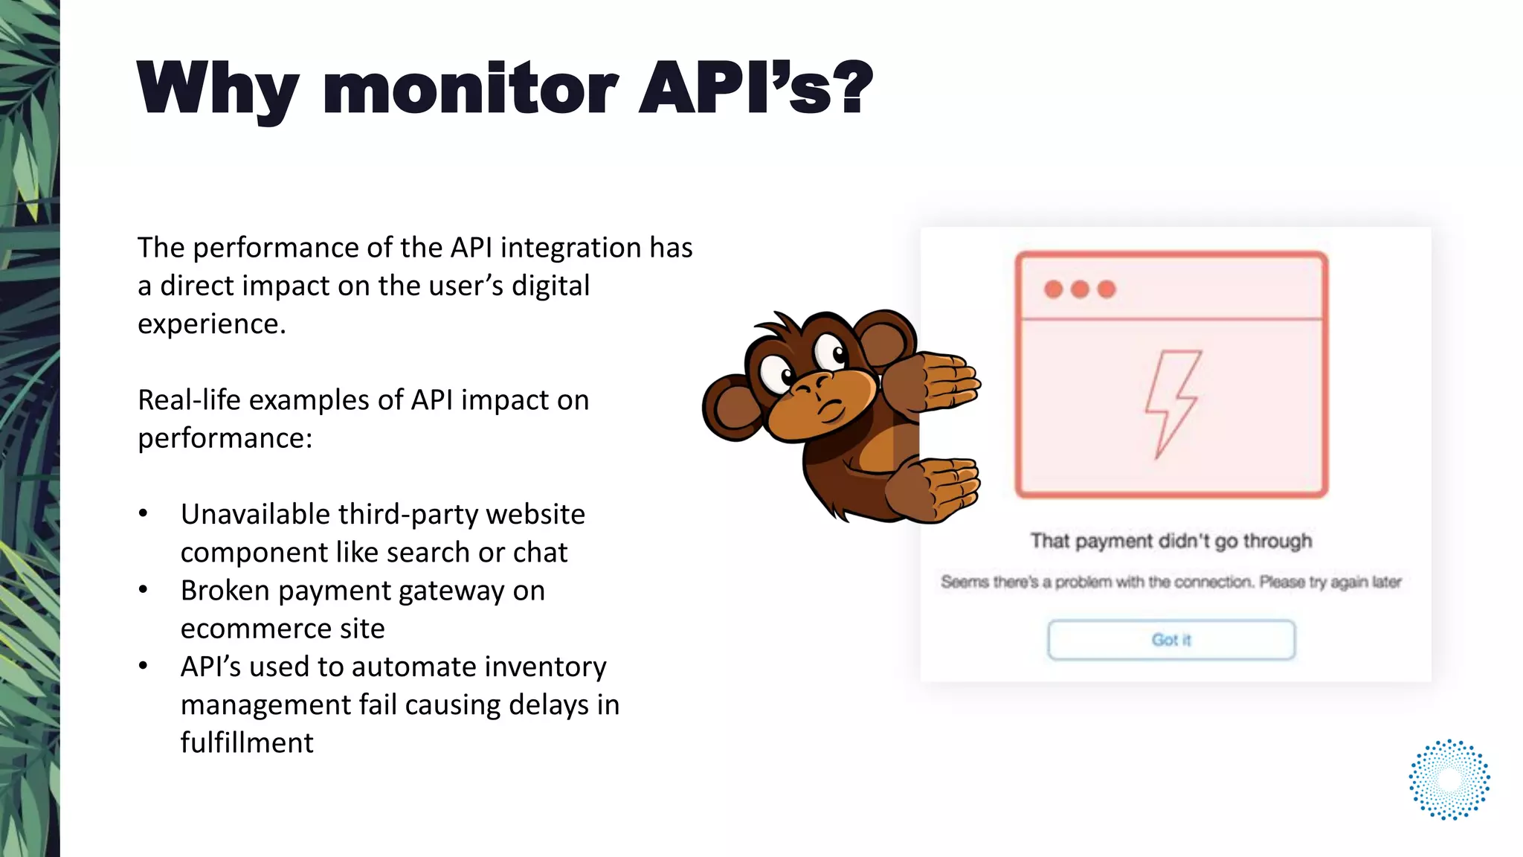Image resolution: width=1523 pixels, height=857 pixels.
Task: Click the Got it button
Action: tap(1171, 640)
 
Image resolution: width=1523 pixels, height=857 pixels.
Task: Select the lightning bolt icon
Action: tap(1172, 403)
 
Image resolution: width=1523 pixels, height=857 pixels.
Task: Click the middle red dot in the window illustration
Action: tap(1080, 289)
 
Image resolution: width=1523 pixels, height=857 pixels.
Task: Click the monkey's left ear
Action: tap(733, 408)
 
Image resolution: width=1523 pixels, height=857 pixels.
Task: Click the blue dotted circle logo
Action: tap(1449, 780)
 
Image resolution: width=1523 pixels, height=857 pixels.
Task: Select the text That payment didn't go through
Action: tap(1171, 541)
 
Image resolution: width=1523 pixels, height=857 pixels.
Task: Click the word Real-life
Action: tap(189, 400)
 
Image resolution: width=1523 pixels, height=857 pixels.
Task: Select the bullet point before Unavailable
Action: tap(144, 514)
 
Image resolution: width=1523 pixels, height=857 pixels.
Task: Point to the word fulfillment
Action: tap(247, 743)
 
